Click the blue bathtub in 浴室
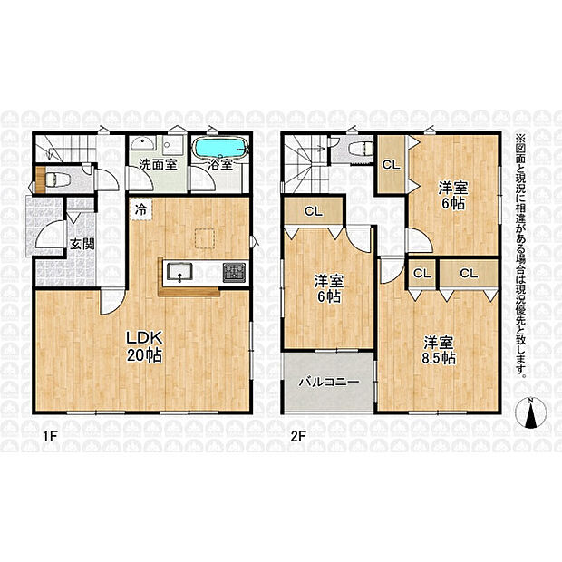(219, 148)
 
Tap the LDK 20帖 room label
(144, 346)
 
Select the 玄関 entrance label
(82, 244)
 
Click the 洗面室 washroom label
(158, 164)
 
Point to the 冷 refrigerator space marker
(141, 209)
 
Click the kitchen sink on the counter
(179, 272)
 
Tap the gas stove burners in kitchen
(234, 272)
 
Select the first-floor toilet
(58, 179)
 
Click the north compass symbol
(531, 412)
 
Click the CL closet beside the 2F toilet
(391, 164)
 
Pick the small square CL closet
(421, 274)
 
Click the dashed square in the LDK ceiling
(205, 238)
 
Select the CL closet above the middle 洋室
(314, 211)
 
